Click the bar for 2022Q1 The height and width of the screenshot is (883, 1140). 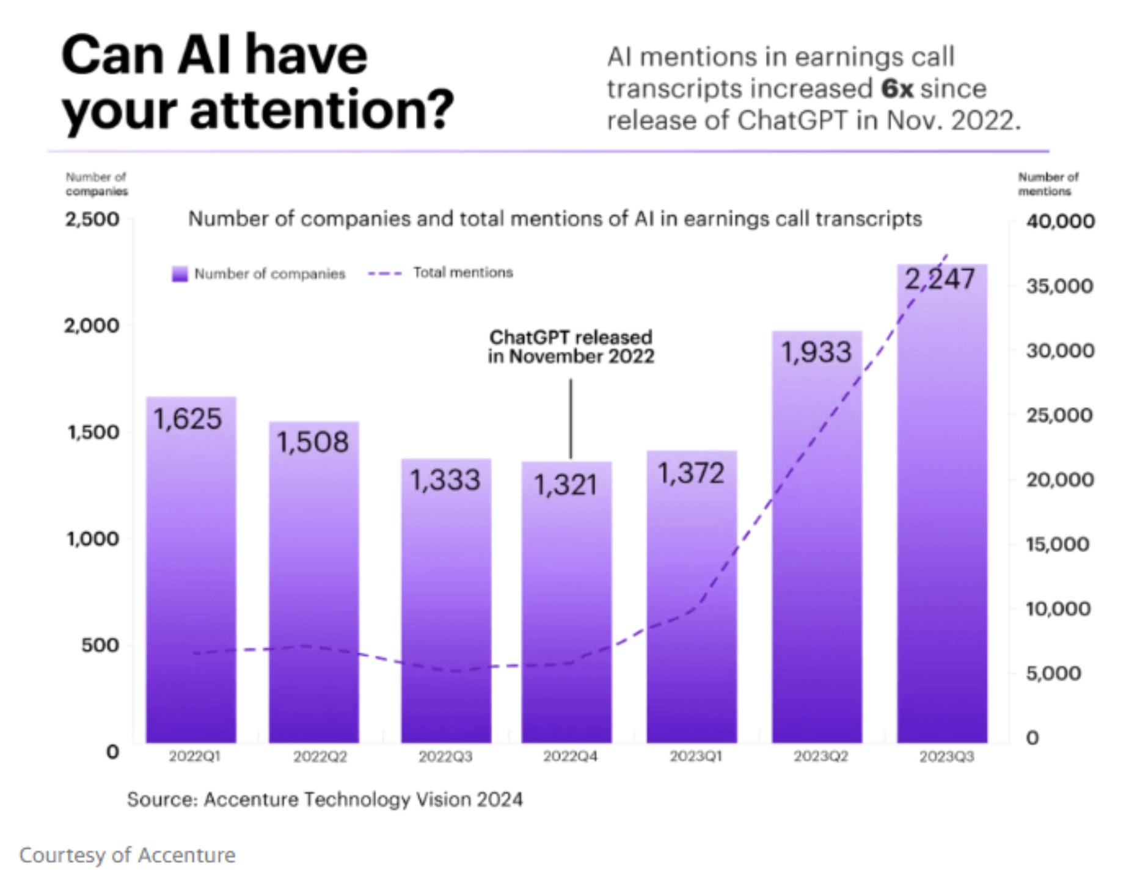[191, 580]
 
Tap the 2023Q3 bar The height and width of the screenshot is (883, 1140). [941, 519]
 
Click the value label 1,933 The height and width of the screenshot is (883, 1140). [816, 352]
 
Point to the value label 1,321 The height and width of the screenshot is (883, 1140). [565, 485]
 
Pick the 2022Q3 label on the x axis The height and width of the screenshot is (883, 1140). [445, 757]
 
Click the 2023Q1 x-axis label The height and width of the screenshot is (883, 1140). [695, 757]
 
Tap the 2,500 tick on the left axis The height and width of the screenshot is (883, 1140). [92, 219]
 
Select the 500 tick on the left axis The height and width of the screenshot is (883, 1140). [100, 645]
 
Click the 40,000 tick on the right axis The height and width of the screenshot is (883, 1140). [1060, 221]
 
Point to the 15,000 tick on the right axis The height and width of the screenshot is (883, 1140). [1058, 544]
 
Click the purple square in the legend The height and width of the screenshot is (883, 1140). [180, 274]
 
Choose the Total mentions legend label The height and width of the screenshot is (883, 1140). [463, 272]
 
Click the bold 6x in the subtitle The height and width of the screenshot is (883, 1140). [897, 89]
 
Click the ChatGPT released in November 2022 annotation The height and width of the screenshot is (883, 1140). [571, 347]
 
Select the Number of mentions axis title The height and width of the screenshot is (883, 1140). [1048, 184]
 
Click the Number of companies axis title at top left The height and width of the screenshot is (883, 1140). [97, 184]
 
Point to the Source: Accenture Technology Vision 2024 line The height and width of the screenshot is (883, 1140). [324, 799]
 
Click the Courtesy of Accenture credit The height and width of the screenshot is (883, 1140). [127, 855]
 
